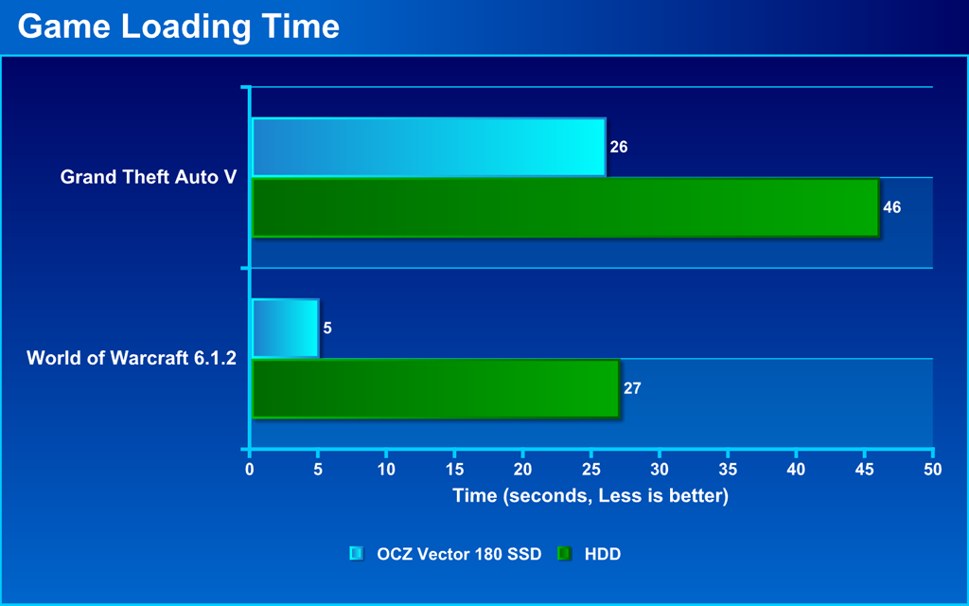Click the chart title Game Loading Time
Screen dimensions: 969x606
click(179, 27)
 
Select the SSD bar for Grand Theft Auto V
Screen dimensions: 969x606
click(429, 147)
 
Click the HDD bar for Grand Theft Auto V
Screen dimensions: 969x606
click(566, 207)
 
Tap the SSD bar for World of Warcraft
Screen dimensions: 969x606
click(286, 329)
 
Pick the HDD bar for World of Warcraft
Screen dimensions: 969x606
click(435, 388)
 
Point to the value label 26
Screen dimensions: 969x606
click(619, 147)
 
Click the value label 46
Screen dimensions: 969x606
click(891, 207)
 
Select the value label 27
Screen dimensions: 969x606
click(632, 388)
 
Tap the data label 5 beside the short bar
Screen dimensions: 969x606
click(327, 329)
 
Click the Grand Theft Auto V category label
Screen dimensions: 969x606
click(149, 177)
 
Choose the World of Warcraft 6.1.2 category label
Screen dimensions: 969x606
click(132, 358)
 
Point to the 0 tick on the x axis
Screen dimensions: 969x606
click(250, 470)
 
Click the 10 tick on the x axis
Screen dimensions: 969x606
click(386, 470)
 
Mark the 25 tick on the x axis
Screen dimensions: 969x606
click(591, 470)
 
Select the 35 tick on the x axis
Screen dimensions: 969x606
click(728, 470)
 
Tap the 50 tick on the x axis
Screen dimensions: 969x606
click(933, 470)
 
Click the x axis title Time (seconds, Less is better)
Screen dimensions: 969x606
click(590, 496)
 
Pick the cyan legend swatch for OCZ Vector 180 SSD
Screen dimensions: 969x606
click(357, 554)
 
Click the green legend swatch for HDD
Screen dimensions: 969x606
click(565, 554)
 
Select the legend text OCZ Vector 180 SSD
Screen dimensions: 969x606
click(459, 554)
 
